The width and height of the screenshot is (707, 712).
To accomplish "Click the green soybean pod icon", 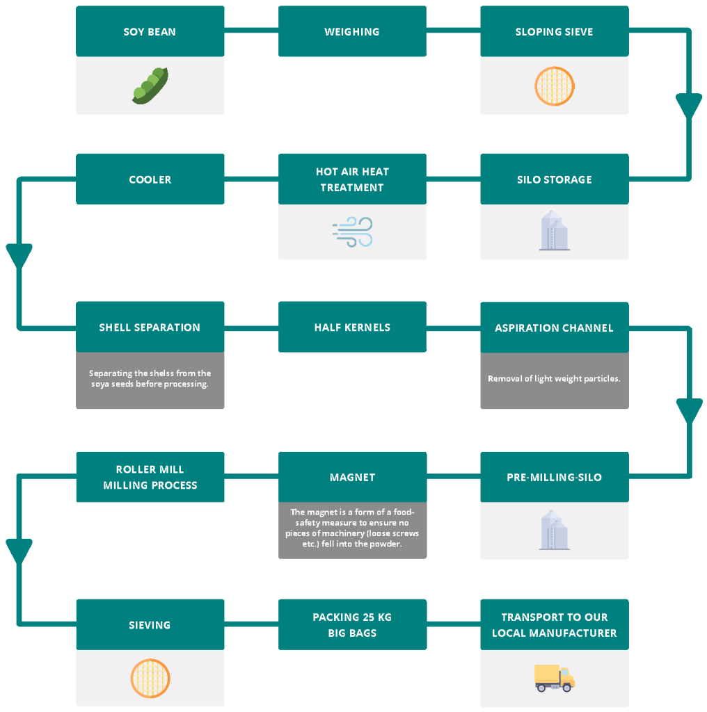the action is pos(150,86).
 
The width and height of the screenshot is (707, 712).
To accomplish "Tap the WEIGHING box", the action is pos(352,31).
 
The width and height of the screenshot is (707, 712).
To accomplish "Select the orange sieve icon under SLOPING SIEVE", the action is pos(555,86).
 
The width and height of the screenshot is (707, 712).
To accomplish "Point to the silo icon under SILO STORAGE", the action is pos(555,230).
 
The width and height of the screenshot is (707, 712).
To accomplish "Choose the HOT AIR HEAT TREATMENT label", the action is pos(352,179).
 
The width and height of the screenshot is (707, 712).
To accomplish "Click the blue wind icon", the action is pos(353,232).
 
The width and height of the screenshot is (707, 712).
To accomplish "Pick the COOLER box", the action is pos(150,179).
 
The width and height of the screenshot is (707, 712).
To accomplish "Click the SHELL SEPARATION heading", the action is pos(150,327).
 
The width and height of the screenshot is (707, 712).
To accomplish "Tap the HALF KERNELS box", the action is pos(352,327).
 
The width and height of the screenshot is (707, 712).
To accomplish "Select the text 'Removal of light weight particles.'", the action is pos(554,379).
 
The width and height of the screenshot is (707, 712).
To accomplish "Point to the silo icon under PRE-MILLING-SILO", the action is pos(555,530).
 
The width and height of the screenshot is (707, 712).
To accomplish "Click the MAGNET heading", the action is pos(353,477).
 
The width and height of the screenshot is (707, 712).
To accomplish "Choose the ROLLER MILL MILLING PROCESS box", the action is pos(150,477).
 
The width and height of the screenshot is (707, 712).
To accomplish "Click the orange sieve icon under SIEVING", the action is pos(150,679).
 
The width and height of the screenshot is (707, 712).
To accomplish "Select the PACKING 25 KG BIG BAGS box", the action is pos(352,625).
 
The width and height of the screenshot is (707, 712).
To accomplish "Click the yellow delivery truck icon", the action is pos(555,679).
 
